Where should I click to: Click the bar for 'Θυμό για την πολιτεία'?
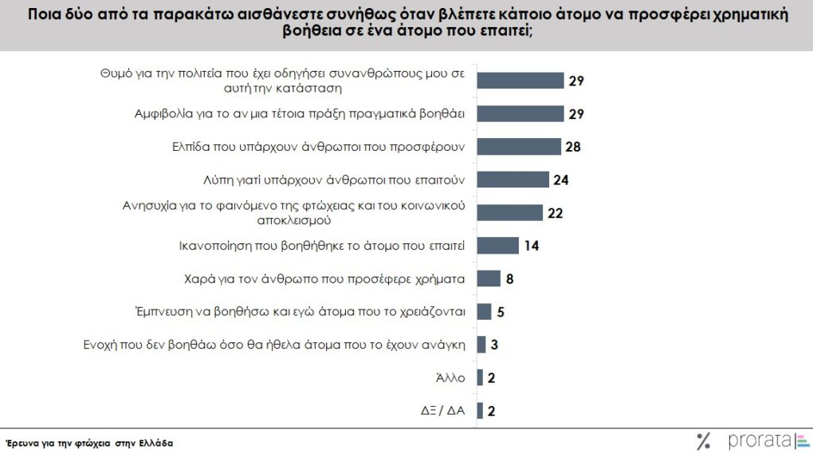coord(520,81)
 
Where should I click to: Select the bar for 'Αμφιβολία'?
coord(520,113)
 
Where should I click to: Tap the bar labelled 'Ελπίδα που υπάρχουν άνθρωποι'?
coord(519,147)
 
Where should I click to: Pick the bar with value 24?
coord(513,180)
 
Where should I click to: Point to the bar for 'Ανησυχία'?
coord(509,212)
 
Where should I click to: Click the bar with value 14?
coord(497,245)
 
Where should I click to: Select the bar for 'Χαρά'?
coord(489,278)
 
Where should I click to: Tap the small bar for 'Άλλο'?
coord(480,377)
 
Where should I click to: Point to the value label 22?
coord(556,212)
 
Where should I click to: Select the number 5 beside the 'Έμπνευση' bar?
coord(501,311)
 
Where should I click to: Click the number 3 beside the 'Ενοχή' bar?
coord(495,345)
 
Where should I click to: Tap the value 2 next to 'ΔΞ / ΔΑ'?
coord(492,411)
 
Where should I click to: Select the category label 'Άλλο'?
coord(452,377)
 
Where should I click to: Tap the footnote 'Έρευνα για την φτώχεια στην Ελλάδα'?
coord(88,441)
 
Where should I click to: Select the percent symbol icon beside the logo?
coord(703,441)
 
